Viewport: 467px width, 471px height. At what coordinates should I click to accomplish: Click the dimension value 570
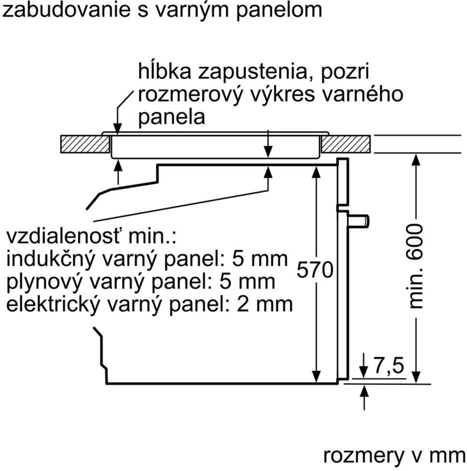315,270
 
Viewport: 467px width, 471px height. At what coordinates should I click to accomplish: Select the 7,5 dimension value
388,366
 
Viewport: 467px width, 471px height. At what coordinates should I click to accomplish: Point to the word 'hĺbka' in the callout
165,71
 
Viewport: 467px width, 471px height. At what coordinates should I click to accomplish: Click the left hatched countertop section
85,144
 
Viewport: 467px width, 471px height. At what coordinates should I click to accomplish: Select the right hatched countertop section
346,144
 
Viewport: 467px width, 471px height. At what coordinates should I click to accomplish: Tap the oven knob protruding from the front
359,221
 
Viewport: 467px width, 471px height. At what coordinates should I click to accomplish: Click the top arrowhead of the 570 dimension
316,171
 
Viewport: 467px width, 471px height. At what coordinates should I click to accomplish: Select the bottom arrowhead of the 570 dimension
316,377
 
